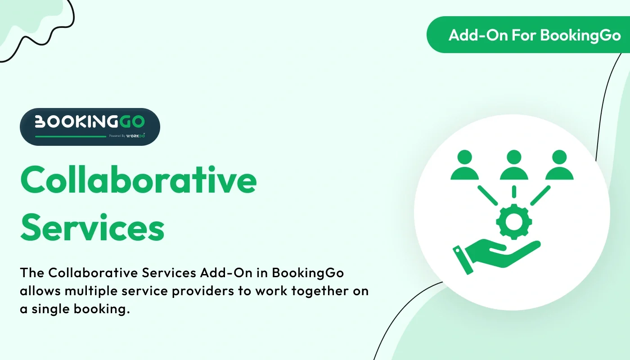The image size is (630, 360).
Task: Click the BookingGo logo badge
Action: (x=90, y=126)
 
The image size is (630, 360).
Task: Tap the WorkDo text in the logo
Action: (x=136, y=135)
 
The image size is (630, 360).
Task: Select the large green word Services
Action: (x=92, y=228)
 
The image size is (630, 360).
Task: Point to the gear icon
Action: (x=513, y=221)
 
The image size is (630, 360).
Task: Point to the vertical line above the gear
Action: (x=513, y=192)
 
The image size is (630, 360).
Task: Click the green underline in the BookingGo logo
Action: (x=70, y=136)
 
